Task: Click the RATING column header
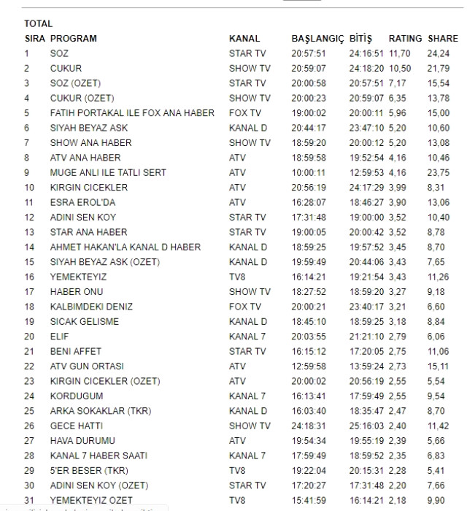click(405, 38)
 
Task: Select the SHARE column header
click(443, 38)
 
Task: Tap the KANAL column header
click(244, 38)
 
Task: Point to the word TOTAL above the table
click(39, 23)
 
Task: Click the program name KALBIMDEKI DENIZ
click(91, 307)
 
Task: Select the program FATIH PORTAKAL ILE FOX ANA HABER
click(132, 113)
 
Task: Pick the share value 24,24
click(439, 53)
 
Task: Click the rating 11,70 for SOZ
click(400, 53)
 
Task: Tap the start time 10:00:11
click(309, 172)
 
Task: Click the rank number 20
click(29, 337)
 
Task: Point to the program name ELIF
click(61, 337)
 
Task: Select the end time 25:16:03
click(367, 426)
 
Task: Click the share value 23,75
click(439, 172)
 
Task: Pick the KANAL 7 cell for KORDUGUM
click(248, 396)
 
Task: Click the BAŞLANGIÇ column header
click(317, 38)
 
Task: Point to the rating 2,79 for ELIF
click(398, 337)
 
